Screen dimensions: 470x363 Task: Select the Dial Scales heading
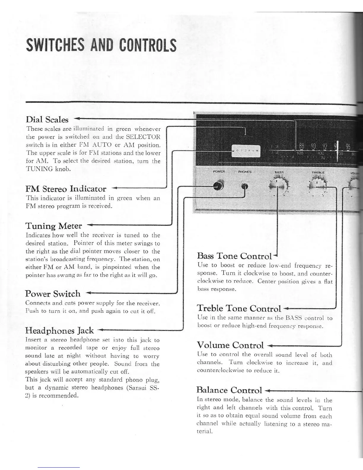[x=47, y=119]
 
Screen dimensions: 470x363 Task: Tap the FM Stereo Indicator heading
[x=66, y=189]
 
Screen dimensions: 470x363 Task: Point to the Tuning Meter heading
[x=54, y=226]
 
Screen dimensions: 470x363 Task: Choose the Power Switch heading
[x=53, y=294]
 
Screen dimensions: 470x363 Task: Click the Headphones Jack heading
[x=59, y=330]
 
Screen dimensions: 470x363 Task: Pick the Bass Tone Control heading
[x=234, y=256]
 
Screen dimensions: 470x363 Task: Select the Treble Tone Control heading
[x=239, y=308]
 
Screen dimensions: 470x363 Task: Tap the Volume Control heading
[x=230, y=345]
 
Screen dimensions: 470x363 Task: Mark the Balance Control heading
[x=229, y=390]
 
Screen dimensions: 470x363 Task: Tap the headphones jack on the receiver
[x=245, y=186]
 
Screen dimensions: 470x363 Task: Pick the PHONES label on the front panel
[x=245, y=172]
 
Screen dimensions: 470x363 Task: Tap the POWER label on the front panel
[x=219, y=172]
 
